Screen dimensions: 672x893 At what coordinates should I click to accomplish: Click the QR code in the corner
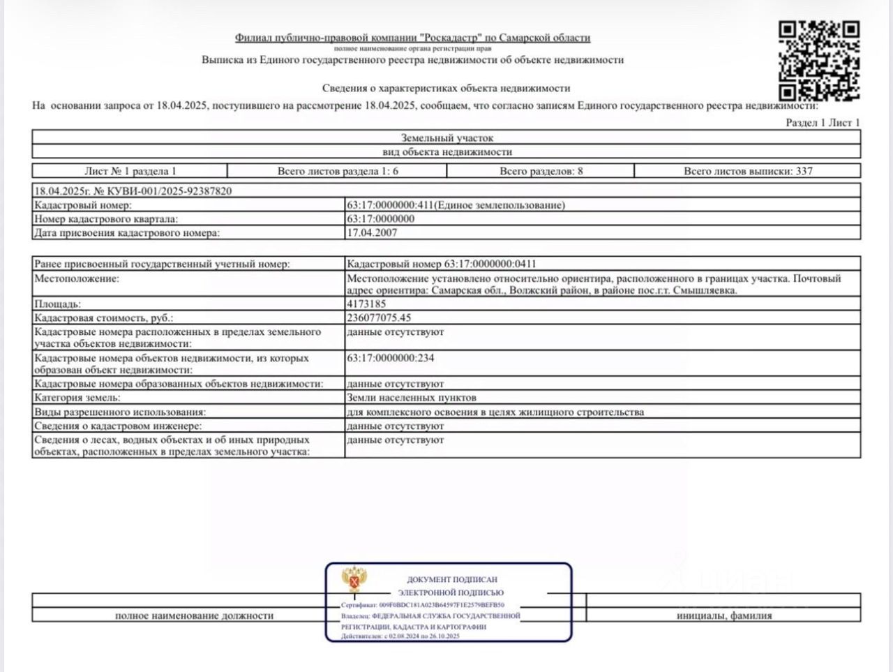click(818, 61)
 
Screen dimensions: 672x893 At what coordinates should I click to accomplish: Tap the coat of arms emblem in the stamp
click(354, 579)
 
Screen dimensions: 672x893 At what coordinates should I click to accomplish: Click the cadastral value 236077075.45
click(379, 318)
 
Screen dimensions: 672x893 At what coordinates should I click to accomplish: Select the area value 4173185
click(366, 304)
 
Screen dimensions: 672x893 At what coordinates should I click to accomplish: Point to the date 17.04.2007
click(372, 233)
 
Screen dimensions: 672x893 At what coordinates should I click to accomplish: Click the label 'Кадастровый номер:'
click(83, 205)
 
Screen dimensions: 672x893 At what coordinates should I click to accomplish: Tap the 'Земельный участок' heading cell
click(446, 138)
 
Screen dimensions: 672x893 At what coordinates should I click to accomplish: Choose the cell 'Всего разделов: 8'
click(541, 171)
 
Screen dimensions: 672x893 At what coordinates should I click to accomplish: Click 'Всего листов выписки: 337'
click(748, 171)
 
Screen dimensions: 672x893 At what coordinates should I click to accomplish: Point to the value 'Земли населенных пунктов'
click(412, 398)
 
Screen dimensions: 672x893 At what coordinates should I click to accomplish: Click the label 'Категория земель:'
click(77, 398)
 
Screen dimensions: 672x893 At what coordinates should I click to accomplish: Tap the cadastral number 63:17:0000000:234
click(391, 359)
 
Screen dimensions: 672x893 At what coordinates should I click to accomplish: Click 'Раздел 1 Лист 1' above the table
click(823, 123)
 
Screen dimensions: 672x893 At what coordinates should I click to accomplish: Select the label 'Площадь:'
click(58, 304)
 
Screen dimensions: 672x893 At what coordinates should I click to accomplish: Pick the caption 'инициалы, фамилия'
click(723, 615)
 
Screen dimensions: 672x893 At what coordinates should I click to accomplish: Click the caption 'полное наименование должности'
click(194, 615)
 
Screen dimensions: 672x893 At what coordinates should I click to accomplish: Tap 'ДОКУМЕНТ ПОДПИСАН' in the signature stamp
click(452, 579)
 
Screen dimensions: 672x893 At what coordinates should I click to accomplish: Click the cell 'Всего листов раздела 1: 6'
click(338, 171)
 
